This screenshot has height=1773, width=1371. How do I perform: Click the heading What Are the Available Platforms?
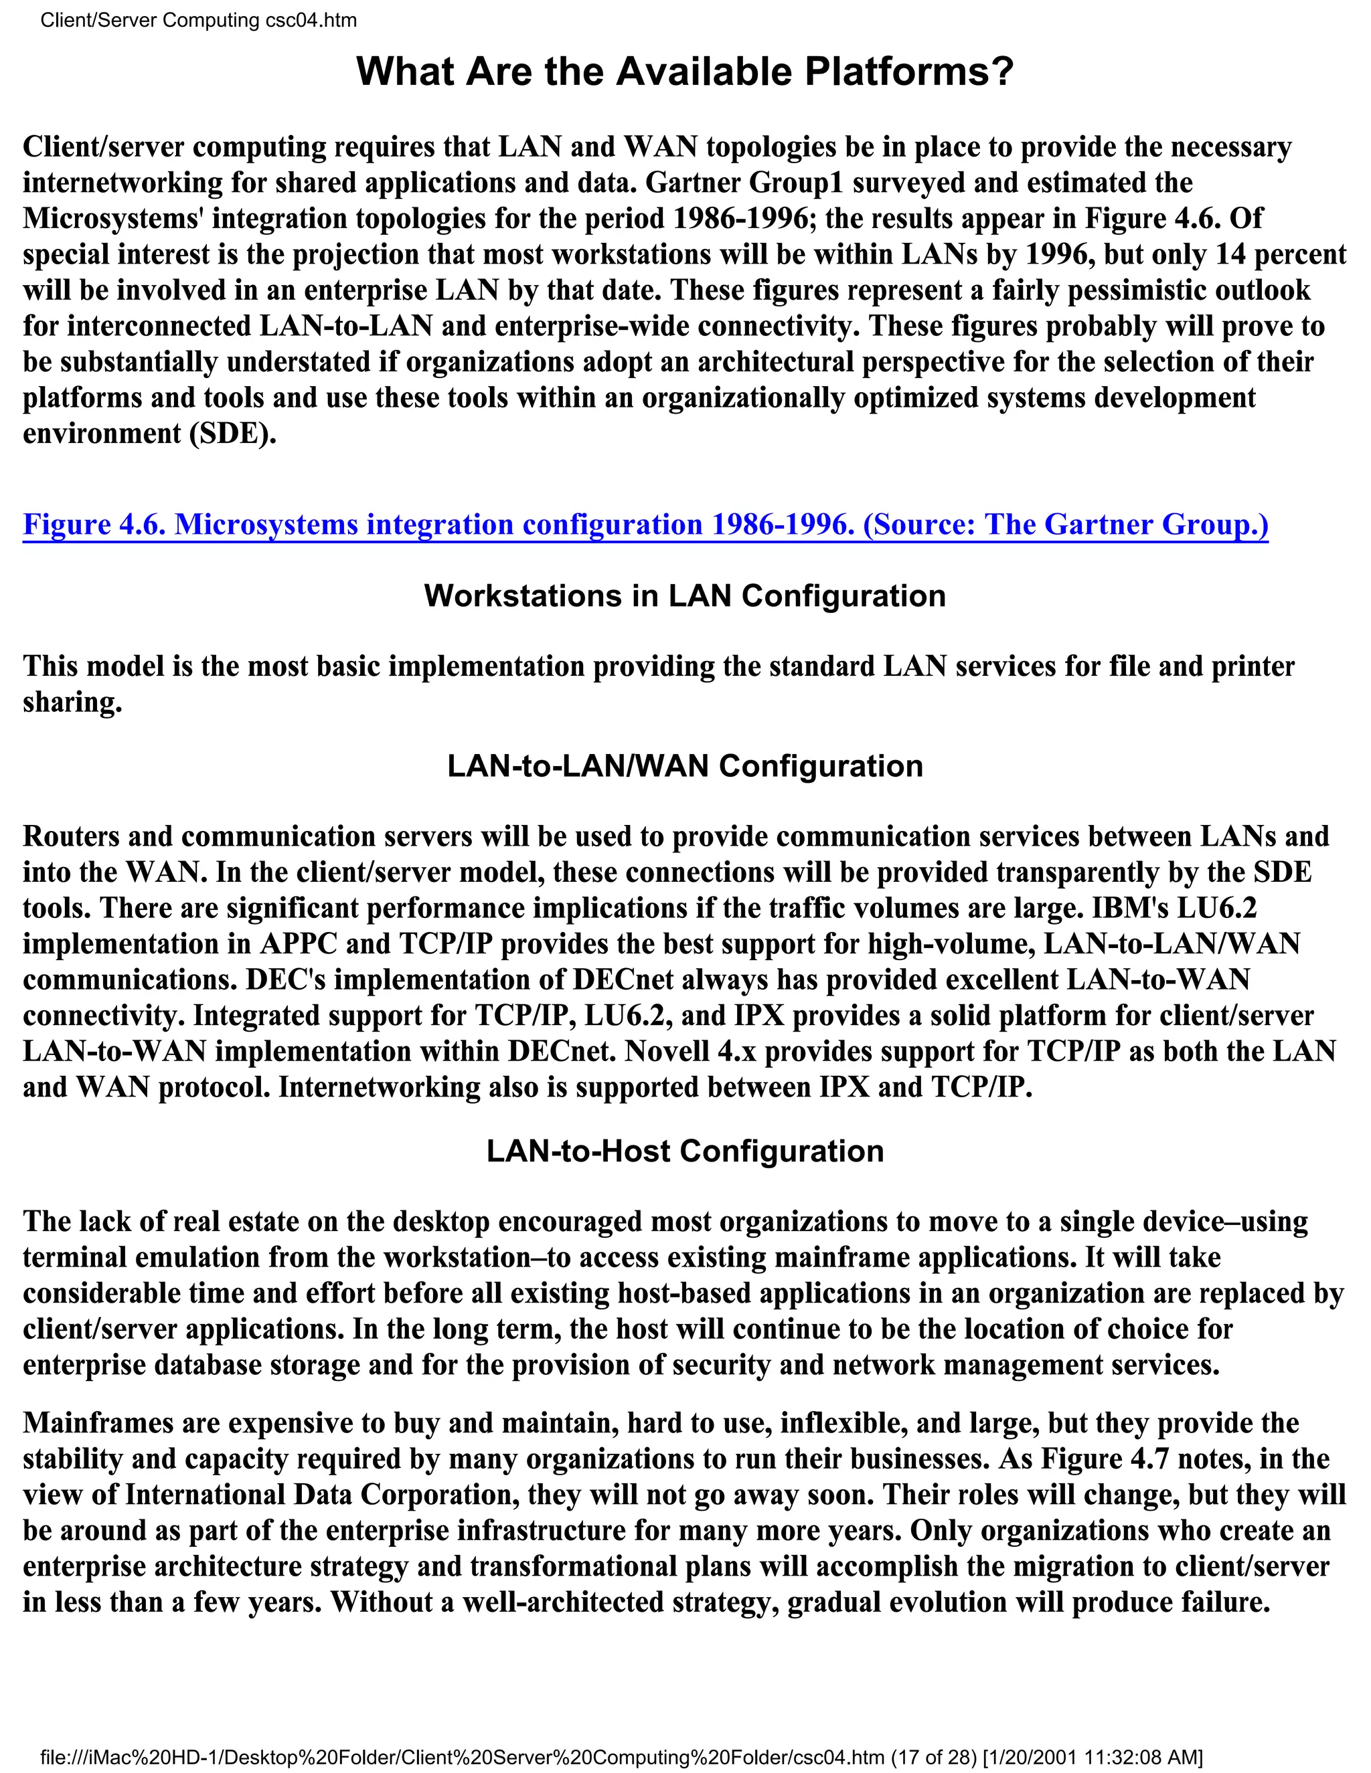[x=685, y=72]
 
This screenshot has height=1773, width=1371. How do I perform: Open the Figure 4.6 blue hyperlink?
[x=645, y=525]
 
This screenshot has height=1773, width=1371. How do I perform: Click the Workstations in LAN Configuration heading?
[x=685, y=596]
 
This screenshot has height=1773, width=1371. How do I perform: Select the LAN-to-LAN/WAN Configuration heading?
[x=685, y=766]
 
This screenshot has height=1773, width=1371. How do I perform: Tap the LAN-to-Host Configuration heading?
[x=685, y=1151]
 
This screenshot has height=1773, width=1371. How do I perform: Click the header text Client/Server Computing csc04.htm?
[x=199, y=20]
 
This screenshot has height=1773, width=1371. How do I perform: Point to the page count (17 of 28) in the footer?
[x=934, y=1757]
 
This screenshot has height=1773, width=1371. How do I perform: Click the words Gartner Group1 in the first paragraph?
[x=745, y=183]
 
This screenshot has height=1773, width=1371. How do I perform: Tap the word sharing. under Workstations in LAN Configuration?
[x=72, y=703]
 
